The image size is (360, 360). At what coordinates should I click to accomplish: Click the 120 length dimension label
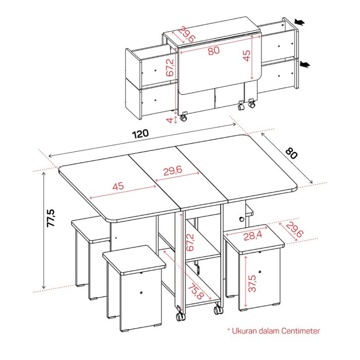point(140,133)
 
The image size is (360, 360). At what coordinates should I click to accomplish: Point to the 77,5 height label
point(51,218)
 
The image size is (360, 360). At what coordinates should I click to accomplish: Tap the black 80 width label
point(292,153)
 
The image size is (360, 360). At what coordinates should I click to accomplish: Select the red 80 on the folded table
point(214,51)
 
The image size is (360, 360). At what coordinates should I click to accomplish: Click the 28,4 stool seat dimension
point(253,236)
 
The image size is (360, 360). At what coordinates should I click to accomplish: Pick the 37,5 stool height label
point(252,284)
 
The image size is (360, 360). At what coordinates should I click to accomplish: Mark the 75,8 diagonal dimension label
point(196,292)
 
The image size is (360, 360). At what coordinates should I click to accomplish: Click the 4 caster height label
point(170,120)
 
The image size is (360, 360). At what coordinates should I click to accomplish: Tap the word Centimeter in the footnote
point(300,331)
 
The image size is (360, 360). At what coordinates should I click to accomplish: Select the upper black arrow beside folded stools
point(300,22)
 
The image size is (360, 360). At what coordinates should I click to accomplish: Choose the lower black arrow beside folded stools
point(305,65)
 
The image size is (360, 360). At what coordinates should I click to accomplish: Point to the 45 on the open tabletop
point(118,186)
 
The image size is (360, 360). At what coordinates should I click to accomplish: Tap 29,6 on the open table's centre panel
point(173,171)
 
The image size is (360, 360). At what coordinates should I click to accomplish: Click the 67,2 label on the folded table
point(170,67)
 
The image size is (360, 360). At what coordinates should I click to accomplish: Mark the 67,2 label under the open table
point(190,242)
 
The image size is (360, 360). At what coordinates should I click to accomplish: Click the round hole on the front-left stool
point(141,293)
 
